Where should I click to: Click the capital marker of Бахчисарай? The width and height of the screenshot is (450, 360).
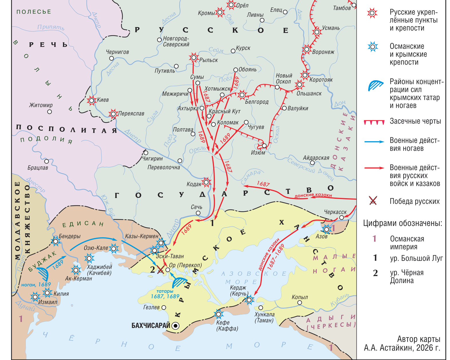pyautogui.click(x=176, y=325)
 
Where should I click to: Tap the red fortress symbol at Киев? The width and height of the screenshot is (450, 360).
pyautogui.click(x=92, y=100)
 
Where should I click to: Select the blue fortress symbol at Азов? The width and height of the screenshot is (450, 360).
pyautogui.click(x=326, y=229)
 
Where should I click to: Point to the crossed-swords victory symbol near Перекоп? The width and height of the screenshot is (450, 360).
pyautogui.click(x=161, y=269)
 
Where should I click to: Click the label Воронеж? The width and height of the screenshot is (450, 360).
pyautogui.click(x=323, y=52)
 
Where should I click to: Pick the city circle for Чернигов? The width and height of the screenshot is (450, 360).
pyautogui.click(x=112, y=58)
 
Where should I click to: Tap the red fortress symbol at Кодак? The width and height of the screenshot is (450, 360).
pyautogui.click(x=206, y=182)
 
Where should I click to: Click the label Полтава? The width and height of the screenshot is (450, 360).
pyautogui.click(x=183, y=130)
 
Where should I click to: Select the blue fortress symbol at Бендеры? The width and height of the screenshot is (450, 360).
pyautogui.click(x=56, y=241)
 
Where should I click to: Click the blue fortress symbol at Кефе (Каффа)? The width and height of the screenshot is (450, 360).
pyautogui.click(x=219, y=314)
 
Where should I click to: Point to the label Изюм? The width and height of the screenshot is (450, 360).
pyautogui.click(x=258, y=153)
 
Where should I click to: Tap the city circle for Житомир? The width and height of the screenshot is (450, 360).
pyautogui.click(x=49, y=112)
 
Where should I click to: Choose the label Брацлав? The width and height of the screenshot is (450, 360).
pyautogui.click(x=38, y=168)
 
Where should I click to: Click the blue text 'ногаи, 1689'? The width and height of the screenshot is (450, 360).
pyautogui.click(x=36, y=285)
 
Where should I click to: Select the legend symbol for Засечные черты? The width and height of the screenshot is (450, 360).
pyautogui.click(x=374, y=122)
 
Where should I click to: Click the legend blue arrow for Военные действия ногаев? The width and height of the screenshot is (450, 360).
pyautogui.click(x=374, y=142)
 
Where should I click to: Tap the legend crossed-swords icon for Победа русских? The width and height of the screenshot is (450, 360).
pyautogui.click(x=373, y=201)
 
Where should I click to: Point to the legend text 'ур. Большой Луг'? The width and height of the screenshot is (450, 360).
pyautogui.click(x=416, y=258)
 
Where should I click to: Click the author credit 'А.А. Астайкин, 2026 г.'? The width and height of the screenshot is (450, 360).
pyautogui.click(x=402, y=348)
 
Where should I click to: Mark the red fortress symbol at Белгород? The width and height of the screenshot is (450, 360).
pyautogui.click(x=242, y=95)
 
